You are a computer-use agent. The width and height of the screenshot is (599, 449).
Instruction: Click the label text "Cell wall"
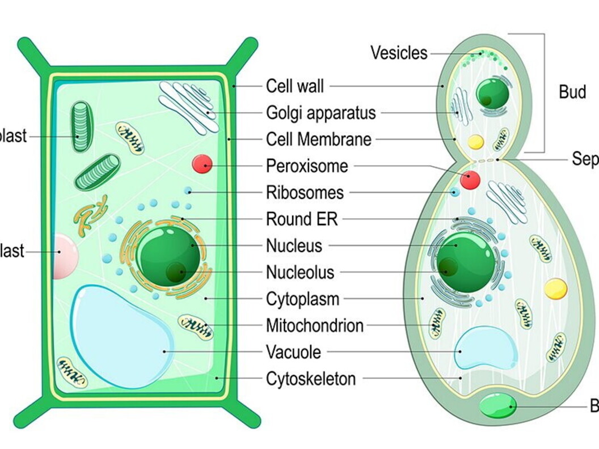click(x=295, y=86)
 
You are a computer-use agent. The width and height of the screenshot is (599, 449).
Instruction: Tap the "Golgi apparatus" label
click(x=321, y=113)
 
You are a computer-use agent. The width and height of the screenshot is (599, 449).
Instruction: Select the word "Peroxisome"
click(x=307, y=166)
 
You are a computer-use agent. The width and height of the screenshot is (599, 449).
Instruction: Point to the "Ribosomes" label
click(x=305, y=192)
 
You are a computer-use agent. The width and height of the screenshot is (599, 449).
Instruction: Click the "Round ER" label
click(x=302, y=219)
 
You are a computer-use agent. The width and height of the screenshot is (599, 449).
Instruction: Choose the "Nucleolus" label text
click(x=300, y=272)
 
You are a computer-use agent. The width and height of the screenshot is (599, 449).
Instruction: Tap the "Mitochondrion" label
click(x=315, y=325)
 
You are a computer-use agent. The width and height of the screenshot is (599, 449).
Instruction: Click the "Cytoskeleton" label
click(x=311, y=379)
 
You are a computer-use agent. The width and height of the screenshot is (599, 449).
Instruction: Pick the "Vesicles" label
click(x=399, y=53)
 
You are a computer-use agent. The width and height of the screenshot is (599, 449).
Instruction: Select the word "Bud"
click(x=572, y=92)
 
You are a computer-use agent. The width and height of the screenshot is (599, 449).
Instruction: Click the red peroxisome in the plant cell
click(x=203, y=164)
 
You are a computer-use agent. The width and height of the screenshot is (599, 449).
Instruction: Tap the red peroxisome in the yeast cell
click(x=470, y=180)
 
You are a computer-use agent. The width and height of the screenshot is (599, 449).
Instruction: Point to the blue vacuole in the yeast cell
click(x=486, y=348)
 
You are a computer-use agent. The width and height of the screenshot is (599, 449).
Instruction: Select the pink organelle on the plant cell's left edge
click(x=64, y=257)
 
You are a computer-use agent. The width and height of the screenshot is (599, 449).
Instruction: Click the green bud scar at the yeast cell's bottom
click(x=497, y=406)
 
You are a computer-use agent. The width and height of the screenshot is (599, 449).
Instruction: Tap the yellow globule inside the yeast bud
click(x=475, y=141)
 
